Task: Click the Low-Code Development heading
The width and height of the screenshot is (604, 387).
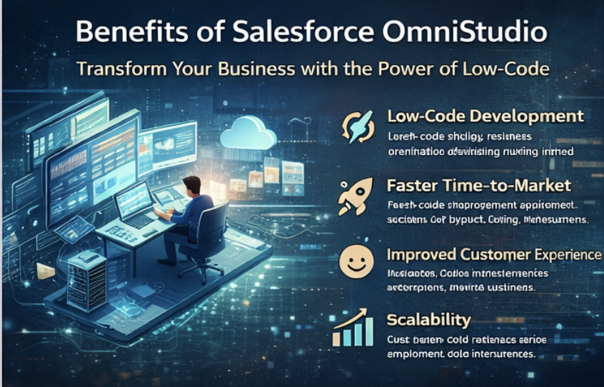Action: click(485, 116)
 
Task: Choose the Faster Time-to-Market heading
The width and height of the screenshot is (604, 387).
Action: click(478, 186)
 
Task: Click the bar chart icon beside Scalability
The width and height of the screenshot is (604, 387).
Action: click(352, 329)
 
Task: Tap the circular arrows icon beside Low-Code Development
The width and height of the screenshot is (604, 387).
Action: click(356, 126)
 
